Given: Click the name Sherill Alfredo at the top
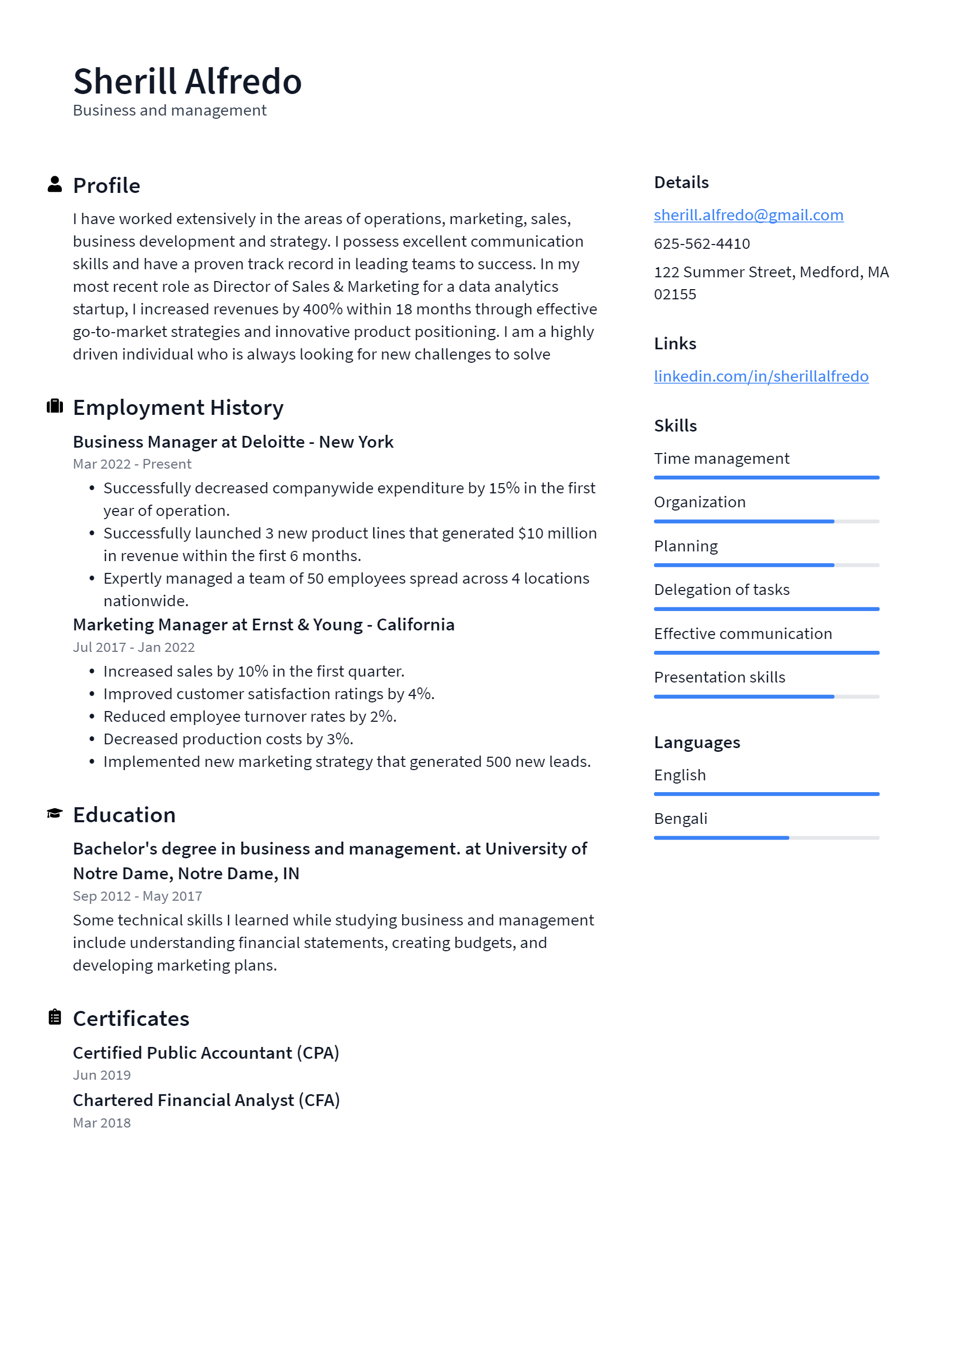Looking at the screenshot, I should point(187,81).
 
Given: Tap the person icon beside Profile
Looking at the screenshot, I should point(54,184).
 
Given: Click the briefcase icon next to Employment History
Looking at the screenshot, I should point(54,406).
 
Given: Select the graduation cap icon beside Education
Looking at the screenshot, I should point(54,813).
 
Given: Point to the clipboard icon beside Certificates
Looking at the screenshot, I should point(54,1017).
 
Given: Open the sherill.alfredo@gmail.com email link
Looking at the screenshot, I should point(748,215).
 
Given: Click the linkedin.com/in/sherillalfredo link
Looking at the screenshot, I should point(760,377).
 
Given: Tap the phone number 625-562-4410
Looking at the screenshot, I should point(701,243).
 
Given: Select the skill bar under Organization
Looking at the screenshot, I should point(766,521).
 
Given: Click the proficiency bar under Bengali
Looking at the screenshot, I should point(766,837).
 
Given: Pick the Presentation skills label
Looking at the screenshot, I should point(719,677).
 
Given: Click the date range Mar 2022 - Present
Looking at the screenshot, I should point(132,464).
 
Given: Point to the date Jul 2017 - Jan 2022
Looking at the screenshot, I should point(134,647).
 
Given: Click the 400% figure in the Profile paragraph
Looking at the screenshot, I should point(322,309).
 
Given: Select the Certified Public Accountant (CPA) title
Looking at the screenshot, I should point(206,1053).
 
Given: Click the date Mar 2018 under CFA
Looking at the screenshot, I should point(102,1123).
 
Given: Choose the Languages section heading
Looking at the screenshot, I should point(697,742).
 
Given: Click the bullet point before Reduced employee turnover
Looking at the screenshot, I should point(91,716).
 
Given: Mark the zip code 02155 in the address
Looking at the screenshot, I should point(675,295).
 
